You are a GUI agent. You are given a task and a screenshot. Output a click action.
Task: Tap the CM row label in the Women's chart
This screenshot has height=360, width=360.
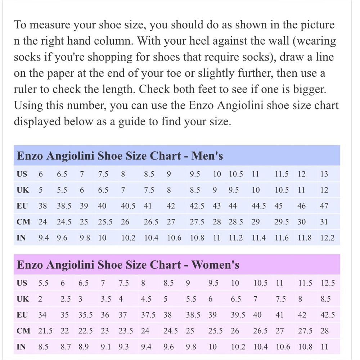(x=23, y=331)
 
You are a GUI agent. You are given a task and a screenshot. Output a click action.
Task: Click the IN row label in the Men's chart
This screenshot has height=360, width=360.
(x=21, y=238)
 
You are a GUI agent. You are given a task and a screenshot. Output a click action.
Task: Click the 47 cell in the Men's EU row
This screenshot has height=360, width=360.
(x=324, y=206)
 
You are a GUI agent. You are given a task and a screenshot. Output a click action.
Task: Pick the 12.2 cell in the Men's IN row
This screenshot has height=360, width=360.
(x=327, y=238)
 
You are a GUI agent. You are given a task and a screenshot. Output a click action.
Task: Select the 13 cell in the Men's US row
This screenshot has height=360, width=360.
(x=324, y=174)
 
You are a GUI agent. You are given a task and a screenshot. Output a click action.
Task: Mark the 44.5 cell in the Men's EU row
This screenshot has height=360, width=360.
(x=258, y=206)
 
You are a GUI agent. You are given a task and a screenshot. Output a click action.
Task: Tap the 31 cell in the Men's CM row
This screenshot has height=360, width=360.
(x=324, y=222)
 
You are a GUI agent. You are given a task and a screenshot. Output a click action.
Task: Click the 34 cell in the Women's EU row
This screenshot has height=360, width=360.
(x=42, y=315)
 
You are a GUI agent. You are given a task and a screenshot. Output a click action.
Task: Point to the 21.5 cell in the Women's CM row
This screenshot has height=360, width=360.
(x=45, y=331)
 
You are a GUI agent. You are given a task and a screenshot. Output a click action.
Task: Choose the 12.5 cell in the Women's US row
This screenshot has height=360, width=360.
(x=328, y=283)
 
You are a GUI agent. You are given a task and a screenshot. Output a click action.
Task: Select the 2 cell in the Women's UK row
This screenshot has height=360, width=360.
(x=40, y=299)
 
